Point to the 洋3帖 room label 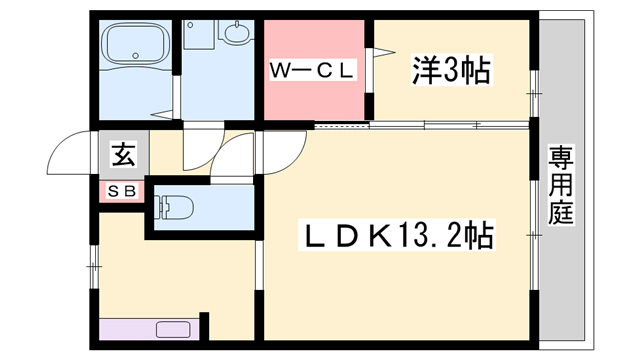(x=450, y=71)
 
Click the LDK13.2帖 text (x=398, y=237)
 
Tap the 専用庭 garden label (x=560, y=185)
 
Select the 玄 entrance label (x=122, y=155)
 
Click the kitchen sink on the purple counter (x=174, y=329)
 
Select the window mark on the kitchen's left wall (x=95, y=266)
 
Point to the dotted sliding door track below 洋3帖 (x=420, y=125)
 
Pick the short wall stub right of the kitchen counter (x=204, y=326)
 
